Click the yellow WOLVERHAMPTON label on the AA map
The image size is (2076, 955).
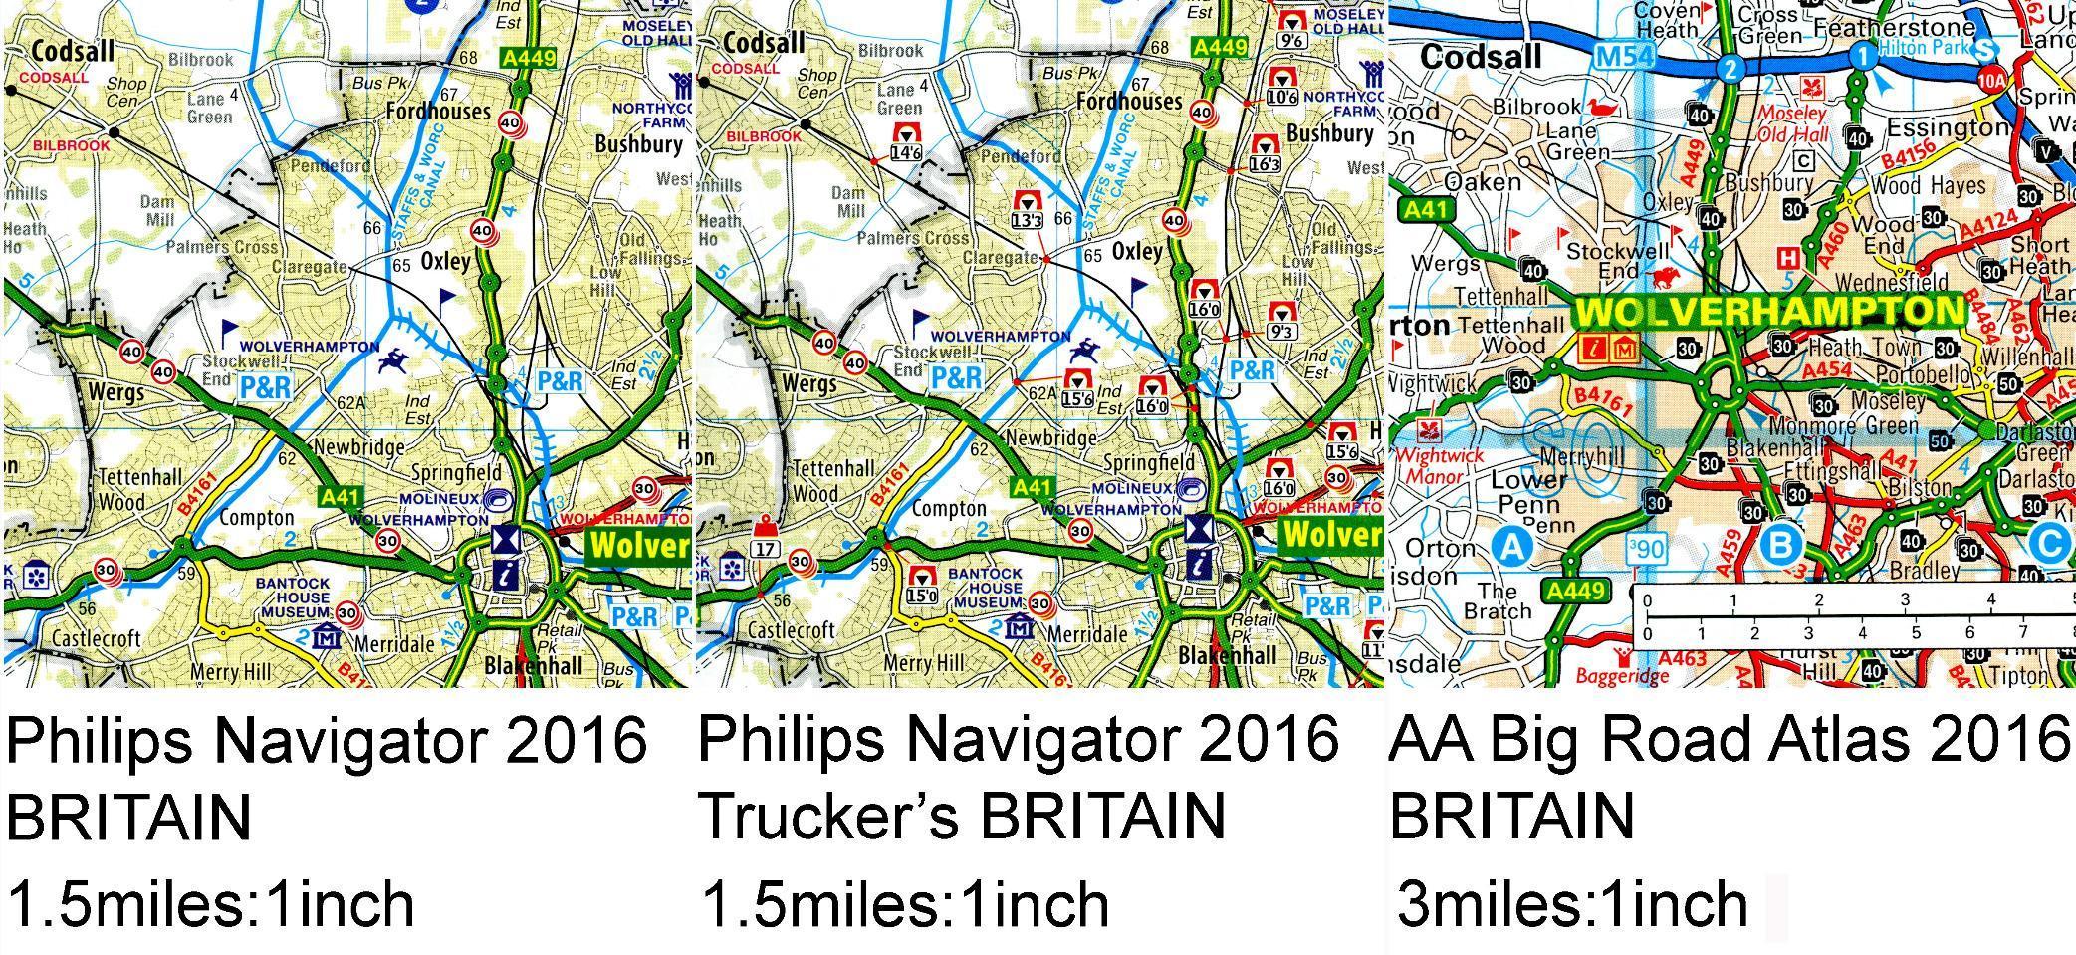click(x=1770, y=311)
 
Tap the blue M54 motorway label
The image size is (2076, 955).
click(x=1624, y=57)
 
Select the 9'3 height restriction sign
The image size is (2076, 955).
click(x=1281, y=322)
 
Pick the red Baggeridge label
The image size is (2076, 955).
click(x=1614, y=676)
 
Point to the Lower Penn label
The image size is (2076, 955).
click(x=1528, y=491)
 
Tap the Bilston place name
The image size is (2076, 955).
click(x=1921, y=488)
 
